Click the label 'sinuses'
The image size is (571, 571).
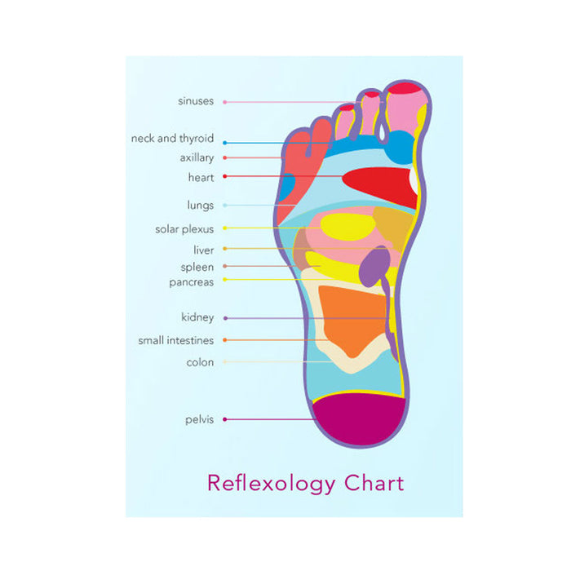click(x=196, y=101)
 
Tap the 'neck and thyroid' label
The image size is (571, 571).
click(x=172, y=139)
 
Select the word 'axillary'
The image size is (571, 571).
click(x=197, y=157)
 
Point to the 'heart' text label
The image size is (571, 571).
click(x=201, y=177)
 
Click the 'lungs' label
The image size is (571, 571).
click(x=200, y=206)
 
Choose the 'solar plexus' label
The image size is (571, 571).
click(x=184, y=229)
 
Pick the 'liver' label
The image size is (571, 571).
click(x=203, y=250)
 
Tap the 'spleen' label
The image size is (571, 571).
click(x=197, y=267)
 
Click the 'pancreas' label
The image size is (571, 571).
click(x=192, y=282)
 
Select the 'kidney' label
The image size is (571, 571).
click(x=197, y=317)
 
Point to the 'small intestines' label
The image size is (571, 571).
click(x=175, y=340)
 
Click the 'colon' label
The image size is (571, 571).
click(x=200, y=362)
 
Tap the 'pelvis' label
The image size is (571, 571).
click(x=199, y=419)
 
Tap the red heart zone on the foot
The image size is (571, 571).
click(x=380, y=186)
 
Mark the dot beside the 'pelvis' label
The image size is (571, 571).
click(x=224, y=419)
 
